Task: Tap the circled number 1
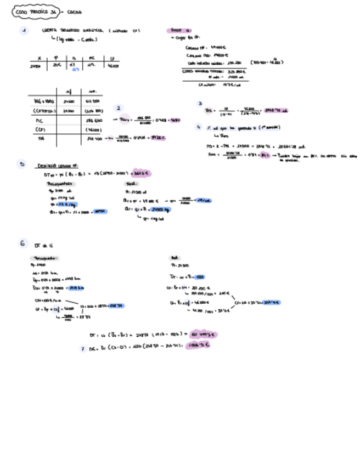pyautogui.click(x=24, y=31)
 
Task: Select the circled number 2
pyautogui.click(x=119, y=109)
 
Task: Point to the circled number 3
pyautogui.click(x=200, y=104)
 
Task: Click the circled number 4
pyautogui.click(x=200, y=127)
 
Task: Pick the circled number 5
pyautogui.click(x=21, y=164)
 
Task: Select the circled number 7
pyautogui.click(x=82, y=348)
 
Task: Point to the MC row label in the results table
pyautogui.click(x=39, y=119)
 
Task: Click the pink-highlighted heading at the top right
pyautogui.click(x=178, y=31)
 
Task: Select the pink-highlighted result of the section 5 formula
pyautogui.click(x=142, y=174)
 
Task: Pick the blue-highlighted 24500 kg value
pyautogui.click(x=162, y=209)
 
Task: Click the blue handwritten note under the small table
pyautogui.click(x=76, y=70)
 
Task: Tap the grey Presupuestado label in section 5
pyautogui.click(x=60, y=184)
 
